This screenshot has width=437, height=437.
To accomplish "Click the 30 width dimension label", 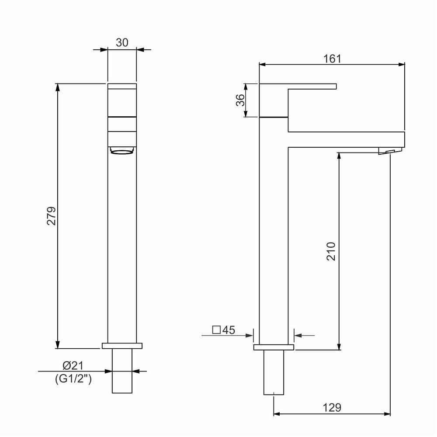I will click(x=122, y=42).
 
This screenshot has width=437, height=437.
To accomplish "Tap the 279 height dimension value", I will click(x=52, y=215).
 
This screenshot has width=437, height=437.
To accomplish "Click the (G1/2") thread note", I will click(x=73, y=379).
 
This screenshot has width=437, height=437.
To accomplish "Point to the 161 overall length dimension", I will click(x=332, y=59).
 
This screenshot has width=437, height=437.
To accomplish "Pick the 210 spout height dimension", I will click(x=331, y=251).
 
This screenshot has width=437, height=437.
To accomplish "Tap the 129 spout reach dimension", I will click(x=332, y=407).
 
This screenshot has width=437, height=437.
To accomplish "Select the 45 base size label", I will click(x=229, y=330).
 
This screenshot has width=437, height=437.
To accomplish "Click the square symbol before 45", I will click(x=216, y=330).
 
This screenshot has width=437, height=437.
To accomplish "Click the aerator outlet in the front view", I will click(x=121, y=151).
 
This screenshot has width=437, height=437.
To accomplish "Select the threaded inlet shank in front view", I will click(x=122, y=371).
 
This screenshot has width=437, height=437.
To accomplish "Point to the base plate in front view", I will click(x=122, y=346).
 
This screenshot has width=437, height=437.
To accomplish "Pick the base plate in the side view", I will click(x=274, y=347).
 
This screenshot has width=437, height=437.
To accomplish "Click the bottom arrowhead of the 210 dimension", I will click(x=339, y=346).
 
